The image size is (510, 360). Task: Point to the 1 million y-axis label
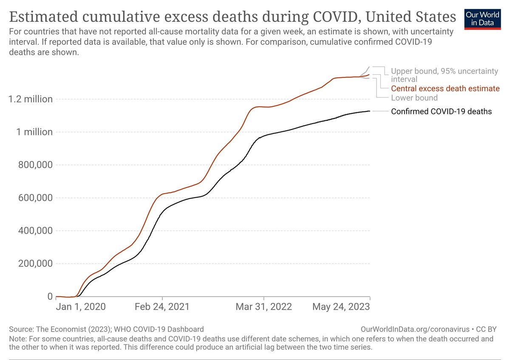pos(34,132)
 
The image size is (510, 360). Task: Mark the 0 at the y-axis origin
pos(50,296)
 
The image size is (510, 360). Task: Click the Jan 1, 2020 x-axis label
pos(81,307)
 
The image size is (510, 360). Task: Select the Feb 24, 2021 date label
pos(162,307)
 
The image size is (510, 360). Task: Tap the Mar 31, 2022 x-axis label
pos(264,307)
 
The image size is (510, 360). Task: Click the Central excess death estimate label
pos(445,89)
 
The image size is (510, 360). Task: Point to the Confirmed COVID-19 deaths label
pos(441,112)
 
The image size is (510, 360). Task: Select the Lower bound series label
pos(414,98)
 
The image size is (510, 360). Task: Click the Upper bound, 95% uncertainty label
pos(444,71)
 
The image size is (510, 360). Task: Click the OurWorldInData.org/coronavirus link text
pos(414,329)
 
